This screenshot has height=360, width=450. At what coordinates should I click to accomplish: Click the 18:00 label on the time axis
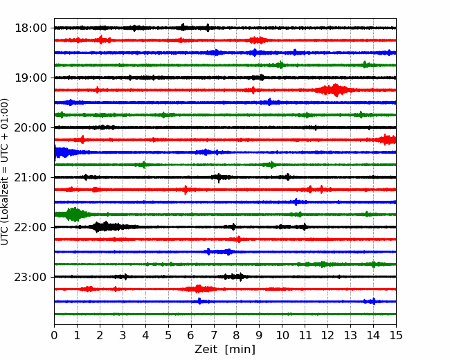[30, 28]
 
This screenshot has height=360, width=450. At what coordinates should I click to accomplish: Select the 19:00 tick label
[30, 78]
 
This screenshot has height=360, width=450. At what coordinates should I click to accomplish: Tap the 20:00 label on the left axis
[30, 127]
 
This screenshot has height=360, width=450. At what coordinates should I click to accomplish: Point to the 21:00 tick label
[30, 177]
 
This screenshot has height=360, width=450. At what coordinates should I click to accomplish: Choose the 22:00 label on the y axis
[30, 227]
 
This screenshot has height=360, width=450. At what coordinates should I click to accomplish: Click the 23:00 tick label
[30, 277]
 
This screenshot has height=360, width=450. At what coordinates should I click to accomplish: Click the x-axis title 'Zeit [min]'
[225, 350]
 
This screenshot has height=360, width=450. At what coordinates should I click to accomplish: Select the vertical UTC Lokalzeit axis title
[5, 172]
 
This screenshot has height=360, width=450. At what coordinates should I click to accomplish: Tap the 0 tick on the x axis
[54, 335]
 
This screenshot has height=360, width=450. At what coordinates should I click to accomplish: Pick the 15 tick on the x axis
[396, 335]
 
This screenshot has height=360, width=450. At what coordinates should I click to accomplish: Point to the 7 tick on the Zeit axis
[214, 335]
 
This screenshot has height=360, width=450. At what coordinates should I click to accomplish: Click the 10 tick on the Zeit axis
[282, 335]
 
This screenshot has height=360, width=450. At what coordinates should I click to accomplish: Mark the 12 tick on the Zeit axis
[327, 335]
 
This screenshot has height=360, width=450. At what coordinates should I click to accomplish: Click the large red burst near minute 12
[333, 90]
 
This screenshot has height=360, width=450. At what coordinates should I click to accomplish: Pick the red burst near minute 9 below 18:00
[258, 40]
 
